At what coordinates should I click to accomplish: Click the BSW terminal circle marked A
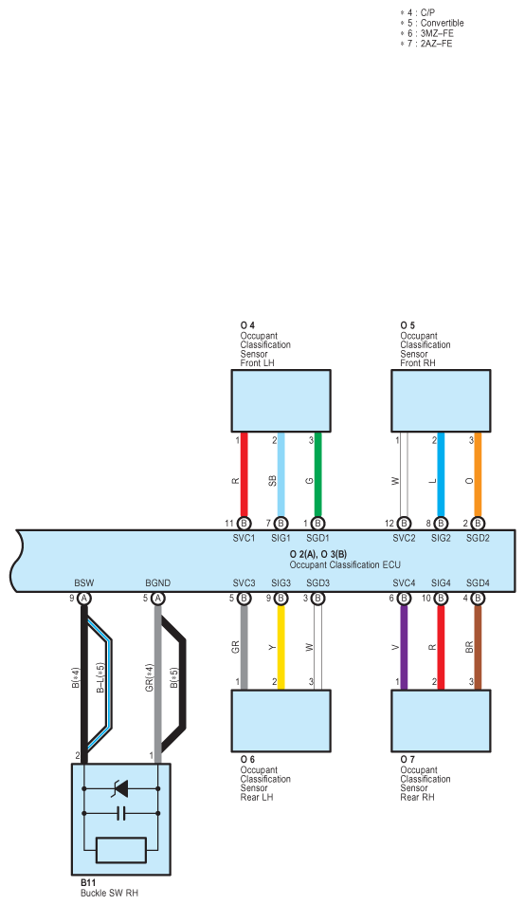[x=84, y=599]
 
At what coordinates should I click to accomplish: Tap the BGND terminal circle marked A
[x=158, y=599]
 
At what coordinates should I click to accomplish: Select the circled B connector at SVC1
[x=244, y=524]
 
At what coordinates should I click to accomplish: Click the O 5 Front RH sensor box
[x=441, y=400]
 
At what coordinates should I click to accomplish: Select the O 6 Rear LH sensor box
[x=281, y=721]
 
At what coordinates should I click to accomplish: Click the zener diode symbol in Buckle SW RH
[x=121, y=787]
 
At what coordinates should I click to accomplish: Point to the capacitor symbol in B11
[x=121, y=814]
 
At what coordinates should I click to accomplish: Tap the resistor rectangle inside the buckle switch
[x=121, y=850]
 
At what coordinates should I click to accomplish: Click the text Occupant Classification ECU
[x=345, y=565]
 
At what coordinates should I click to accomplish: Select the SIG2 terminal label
[x=441, y=538]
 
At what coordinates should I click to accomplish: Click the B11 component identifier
[x=88, y=883]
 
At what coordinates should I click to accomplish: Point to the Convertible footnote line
[x=432, y=23]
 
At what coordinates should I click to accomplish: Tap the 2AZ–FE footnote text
[x=436, y=44]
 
